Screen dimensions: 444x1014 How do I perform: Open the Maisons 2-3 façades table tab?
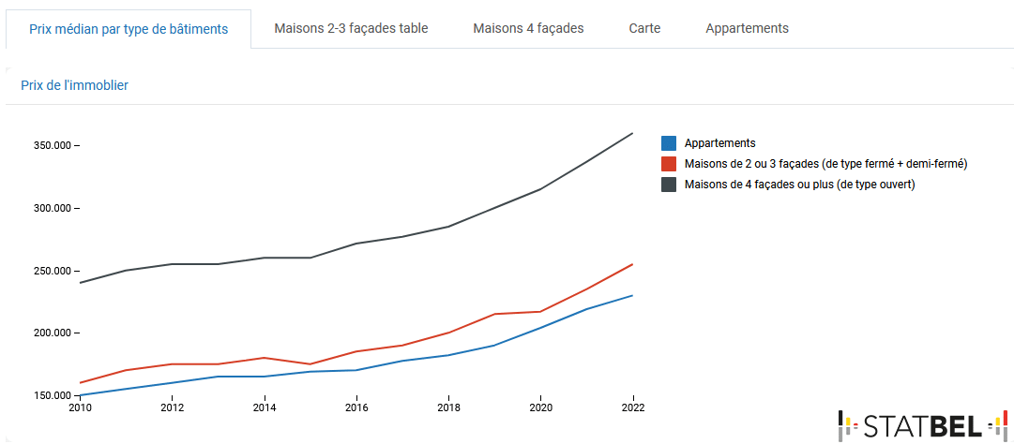[x=351, y=28]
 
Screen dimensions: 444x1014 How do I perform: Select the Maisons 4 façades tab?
[x=528, y=28]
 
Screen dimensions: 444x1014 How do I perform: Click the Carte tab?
[x=644, y=28]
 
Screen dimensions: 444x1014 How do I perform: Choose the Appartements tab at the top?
[x=747, y=28]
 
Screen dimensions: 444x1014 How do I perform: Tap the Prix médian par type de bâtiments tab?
[x=129, y=29]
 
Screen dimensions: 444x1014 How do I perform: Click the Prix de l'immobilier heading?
[x=74, y=85]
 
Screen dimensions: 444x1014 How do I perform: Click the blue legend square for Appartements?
[x=669, y=143]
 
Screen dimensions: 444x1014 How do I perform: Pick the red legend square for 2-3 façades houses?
[x=669, y=164]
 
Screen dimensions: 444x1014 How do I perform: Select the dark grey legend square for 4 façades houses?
[x=669, y=185]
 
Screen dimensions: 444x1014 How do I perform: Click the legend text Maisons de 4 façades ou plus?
[x=799, y=185]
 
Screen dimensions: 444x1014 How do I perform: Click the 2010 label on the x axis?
[x=81, y=407]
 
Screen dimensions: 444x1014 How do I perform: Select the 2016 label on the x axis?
[x=356, y=407]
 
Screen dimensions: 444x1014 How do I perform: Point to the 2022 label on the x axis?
[x=632, y=407]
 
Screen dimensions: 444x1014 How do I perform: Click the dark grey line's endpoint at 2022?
[x=632, y=133]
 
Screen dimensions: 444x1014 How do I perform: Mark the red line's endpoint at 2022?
[x=632, y=264]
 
